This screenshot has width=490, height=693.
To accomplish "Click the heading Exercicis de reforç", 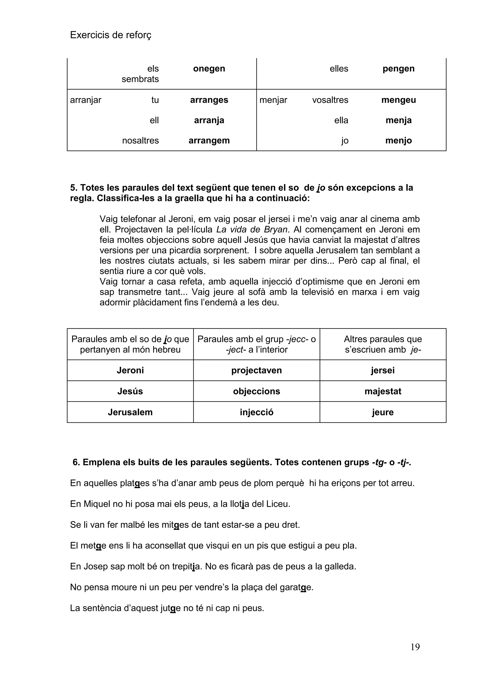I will (x=111, y=35).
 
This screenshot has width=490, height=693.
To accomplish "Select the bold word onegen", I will (x=209, y=69).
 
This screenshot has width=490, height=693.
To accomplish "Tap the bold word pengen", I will (x=398, y=69).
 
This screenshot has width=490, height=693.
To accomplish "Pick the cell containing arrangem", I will (x=209, y=141).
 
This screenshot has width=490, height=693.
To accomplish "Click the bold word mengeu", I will (x=398, y=100).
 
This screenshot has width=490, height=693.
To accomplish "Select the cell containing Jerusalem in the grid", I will (x=130, y=412).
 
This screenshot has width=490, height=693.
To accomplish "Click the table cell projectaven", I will (x=256, y=370).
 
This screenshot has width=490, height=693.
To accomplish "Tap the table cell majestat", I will (x=383, y=391).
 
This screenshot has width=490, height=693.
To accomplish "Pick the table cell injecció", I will (x=256, y=412).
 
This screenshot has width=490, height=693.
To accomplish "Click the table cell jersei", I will (x=383, y=370).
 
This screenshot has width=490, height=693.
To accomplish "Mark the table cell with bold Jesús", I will (x=130, y=391).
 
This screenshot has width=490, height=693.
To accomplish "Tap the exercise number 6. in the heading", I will (x=76, y=462).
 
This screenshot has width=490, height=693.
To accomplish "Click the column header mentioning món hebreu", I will (x=130, y=344).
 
